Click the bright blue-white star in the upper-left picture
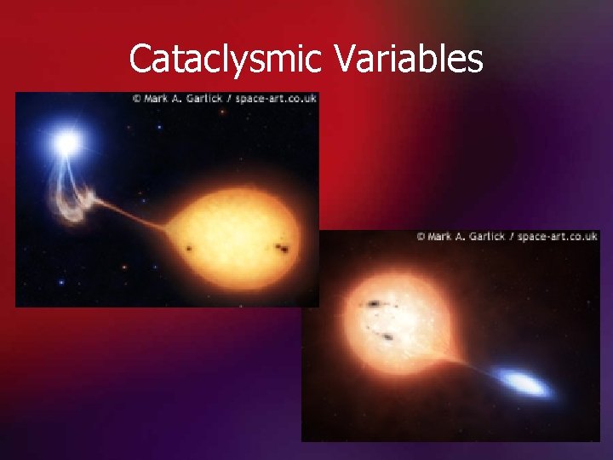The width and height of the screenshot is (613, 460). coord(66,143)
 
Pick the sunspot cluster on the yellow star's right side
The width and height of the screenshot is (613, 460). coord(281,250)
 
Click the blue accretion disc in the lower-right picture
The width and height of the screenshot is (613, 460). coord(523,382)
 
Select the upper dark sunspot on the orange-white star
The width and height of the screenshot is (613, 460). coord(374,303)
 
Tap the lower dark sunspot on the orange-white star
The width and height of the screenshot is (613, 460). coord(387,337)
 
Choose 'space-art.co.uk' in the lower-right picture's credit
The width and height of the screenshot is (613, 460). coord(557,236)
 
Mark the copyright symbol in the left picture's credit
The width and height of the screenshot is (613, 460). coord(136,99)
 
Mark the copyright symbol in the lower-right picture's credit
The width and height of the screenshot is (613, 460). coord(421,236)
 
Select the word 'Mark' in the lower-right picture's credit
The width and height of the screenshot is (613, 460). coord(441,236)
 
